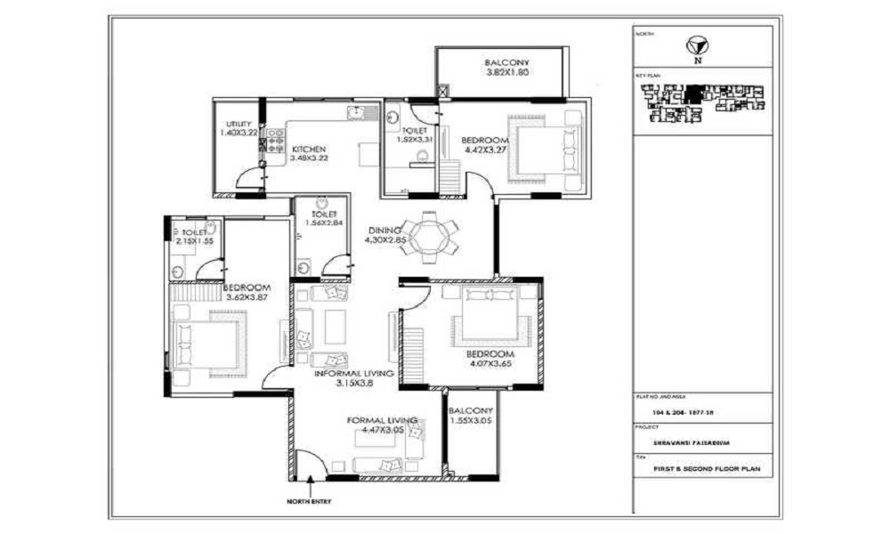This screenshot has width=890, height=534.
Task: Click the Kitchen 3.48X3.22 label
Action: pyautogui.click(x=308, y=153)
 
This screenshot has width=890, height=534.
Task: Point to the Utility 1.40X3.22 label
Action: pyautogui.click(x=239, y=128)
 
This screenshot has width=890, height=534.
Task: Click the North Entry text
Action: pyautogui.click(x=309, y=502)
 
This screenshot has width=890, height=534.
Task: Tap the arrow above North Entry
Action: pyautogui.click(x=309, y=487)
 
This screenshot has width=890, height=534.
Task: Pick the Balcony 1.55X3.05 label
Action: pyautogui.click(x=471, y=416)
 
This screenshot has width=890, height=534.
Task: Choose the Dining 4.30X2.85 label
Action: pyautogui.click(x=386, y=235)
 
